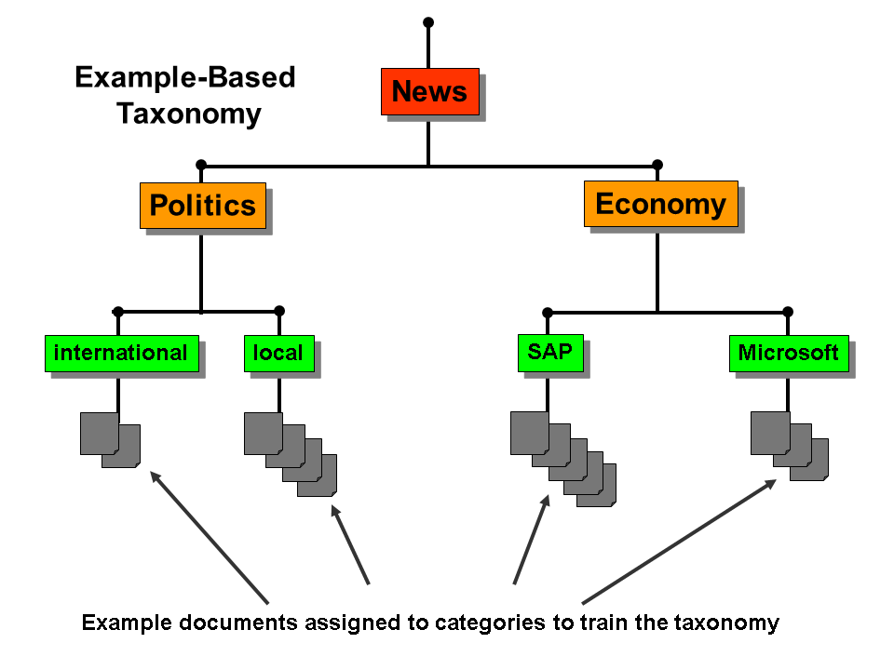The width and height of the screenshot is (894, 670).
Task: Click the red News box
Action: point(429,91)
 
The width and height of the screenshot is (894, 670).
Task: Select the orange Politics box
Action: point(202,205)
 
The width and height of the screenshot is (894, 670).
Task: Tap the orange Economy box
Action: point(660,204)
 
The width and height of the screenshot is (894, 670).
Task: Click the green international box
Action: point(121,353)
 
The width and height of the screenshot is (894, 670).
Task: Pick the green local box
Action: point(278,354)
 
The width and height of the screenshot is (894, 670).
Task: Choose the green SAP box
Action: point(550,353)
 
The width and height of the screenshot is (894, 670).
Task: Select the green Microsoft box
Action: point(788,354)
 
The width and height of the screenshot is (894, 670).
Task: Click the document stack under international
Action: point(109,439)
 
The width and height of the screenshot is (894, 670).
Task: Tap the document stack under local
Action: point(289,453)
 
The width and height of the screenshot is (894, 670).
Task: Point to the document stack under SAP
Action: point(562,458)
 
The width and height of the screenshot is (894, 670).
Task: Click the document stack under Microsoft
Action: point(789,446)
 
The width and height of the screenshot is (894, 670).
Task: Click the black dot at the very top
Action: point(428,21)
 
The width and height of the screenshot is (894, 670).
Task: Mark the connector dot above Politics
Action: point(201,166)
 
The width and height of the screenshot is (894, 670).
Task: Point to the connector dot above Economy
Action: point(657,166)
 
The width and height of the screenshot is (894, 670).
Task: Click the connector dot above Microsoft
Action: point(788,312)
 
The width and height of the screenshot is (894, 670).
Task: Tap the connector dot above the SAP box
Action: point(548,313)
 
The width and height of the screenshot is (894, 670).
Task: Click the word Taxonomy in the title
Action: point(188,114)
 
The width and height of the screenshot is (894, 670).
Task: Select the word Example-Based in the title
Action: point(184,77)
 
